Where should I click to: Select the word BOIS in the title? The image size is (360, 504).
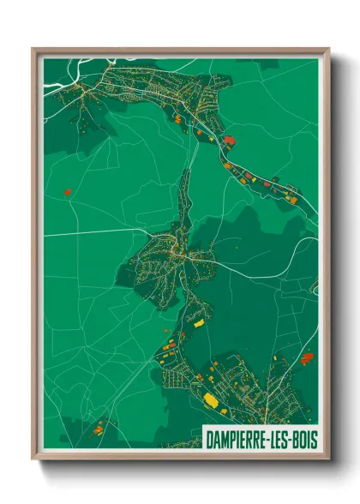click(300, 439)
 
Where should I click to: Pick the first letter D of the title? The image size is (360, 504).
click(210, 439)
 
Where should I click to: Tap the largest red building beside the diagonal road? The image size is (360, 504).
click(229, 138)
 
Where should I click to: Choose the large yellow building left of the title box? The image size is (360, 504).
click(210, 399)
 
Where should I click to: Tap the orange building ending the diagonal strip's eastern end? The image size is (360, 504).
click(292, 199)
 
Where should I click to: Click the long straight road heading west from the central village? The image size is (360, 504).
click(94, 232)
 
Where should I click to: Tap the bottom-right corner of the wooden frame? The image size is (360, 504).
click(328, 458)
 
